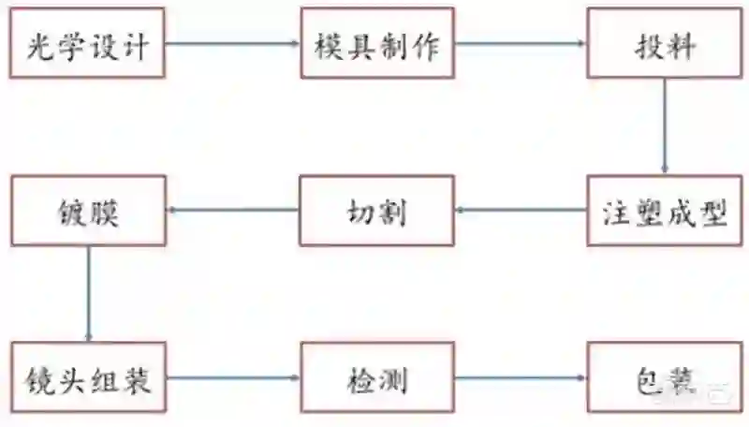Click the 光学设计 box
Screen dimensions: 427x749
pyautogui.click(x=88, y=44)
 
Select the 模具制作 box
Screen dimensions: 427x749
pyautogui.click(x=377, y=44)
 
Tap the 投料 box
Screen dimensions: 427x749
pyautogui.click(x=665, y=44)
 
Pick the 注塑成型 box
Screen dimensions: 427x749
pyautogui.click(x=665, y=211)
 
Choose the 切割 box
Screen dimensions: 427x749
pyautogui.click(x=377, y=211)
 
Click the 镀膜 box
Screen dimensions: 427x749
pyautogui.click(x=88, y=211)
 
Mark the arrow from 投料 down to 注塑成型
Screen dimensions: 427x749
pyautogui.click(x=665, y=126)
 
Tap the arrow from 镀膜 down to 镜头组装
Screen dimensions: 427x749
pyautogui.click(x=89, y=294)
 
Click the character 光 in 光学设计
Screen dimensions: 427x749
pyautogui.click(x=40, y=44)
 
